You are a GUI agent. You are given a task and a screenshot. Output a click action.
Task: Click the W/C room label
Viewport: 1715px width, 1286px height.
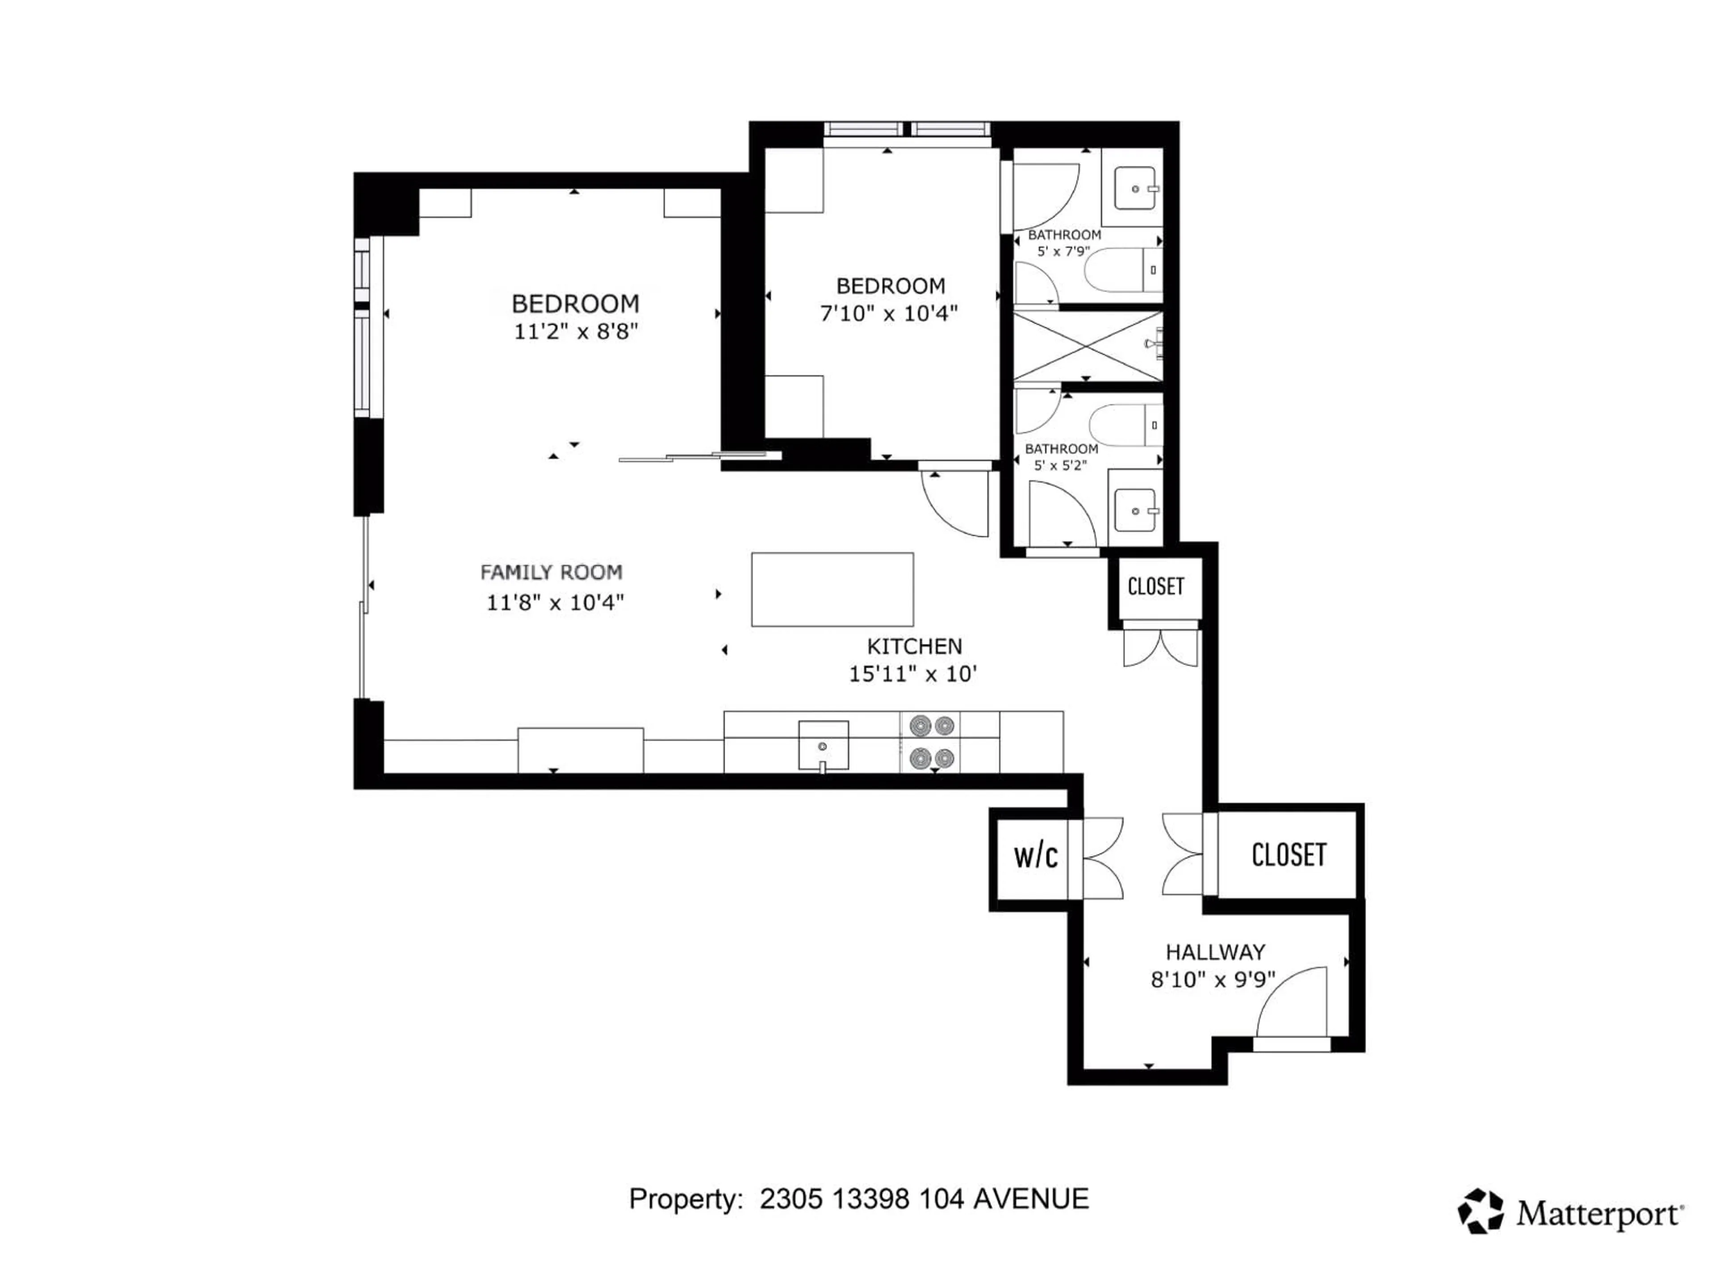[1035, 856]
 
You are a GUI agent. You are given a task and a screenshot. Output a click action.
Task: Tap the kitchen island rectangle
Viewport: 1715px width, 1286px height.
[832, 589]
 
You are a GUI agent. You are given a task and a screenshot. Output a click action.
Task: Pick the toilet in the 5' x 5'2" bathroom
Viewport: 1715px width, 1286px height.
[1124, 426]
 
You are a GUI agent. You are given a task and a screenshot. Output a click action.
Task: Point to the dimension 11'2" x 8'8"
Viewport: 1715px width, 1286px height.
[575, 332]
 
